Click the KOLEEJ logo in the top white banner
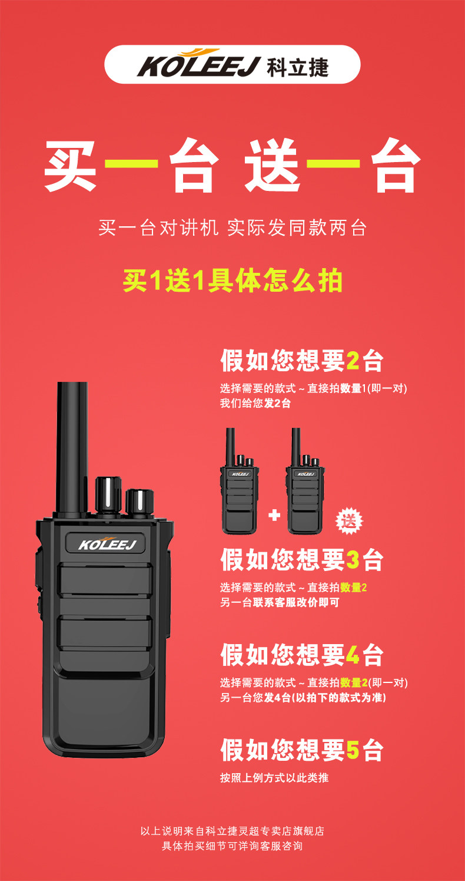pyautogui.click(x=199, y=63)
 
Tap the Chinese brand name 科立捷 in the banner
pyautogui.click(x=298, y=67)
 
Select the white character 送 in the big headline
pyautogui.click(x=273, y=165)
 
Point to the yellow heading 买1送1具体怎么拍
pyautogui.click(x=232, y=281)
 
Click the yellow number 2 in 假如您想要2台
pyautogui.click(x=353, y=361)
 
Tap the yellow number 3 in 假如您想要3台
pyautogui.click(x=353, y=560)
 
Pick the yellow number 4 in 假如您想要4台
pyautogui.click(x=353, y=655)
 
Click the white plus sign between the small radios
pyautogui.click(x=274, y=515)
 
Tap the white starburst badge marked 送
pyautogui.click(x=348, y=522)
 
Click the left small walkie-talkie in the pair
pyautogui.click(x=239, y=481)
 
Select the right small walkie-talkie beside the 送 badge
pyautogui.click(x=305, y=481)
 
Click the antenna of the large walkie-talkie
pyautogui.click(x=72, y=448)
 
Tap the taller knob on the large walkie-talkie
pyautogui.click(x=108, y=495)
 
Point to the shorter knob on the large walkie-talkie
pyautogui.click(x=139, y=501)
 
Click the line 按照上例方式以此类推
pyautogui.click(x=274, y=777)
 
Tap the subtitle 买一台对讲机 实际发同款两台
pyautogui.click(x=232, y=228)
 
